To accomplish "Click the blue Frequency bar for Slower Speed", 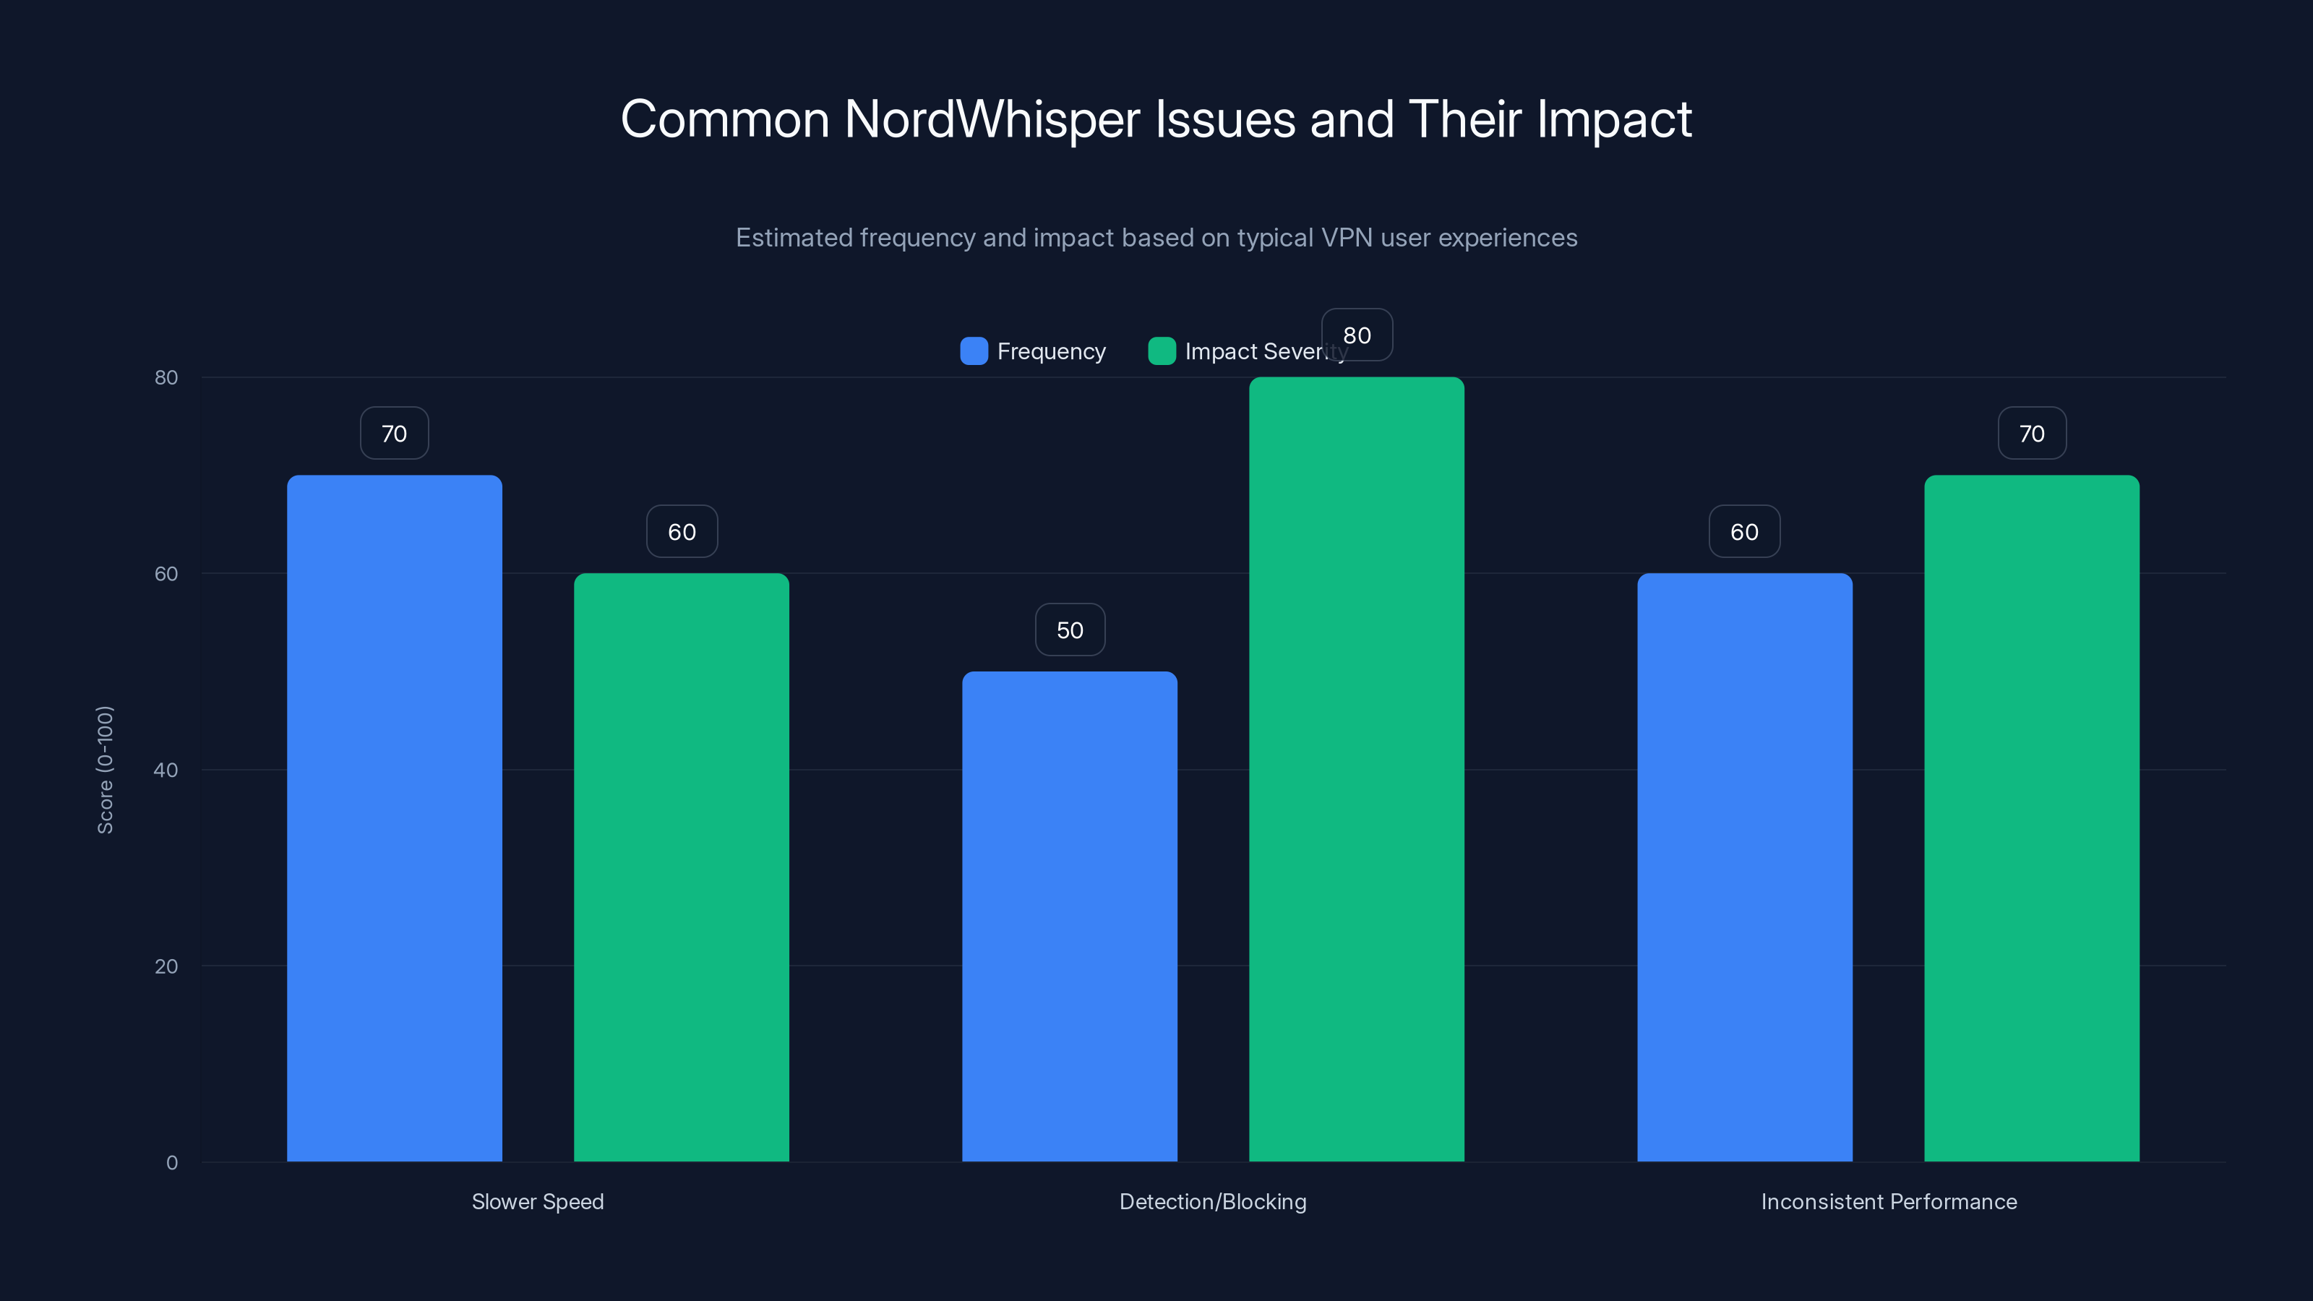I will [x=394, y=817].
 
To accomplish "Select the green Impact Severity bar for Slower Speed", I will [x=682, y=867].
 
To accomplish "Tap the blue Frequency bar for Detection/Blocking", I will [x=1070, y=916].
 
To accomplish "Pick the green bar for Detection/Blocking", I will [x=1356, y=768].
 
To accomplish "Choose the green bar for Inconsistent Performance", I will [x=2031, y=817].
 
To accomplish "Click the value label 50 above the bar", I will [x=1070, y=630].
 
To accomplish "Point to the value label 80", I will [x=1357, y=335].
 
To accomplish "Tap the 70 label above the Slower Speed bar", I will [x=394, y=434].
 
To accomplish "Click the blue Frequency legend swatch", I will [x=974, y=351].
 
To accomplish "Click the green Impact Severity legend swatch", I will [x=1162, y=351].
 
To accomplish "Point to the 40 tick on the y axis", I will [x=166, y=770].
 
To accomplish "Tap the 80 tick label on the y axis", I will [x=166, y=377].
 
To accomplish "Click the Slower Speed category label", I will [x=538, y=1201].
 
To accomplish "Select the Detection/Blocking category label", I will [x=1212, y=1201].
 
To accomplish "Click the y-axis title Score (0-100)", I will [x=105, y=770].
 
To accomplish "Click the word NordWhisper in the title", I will [x=992, y=119].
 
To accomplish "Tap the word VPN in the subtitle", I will [x=1346, y=238].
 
